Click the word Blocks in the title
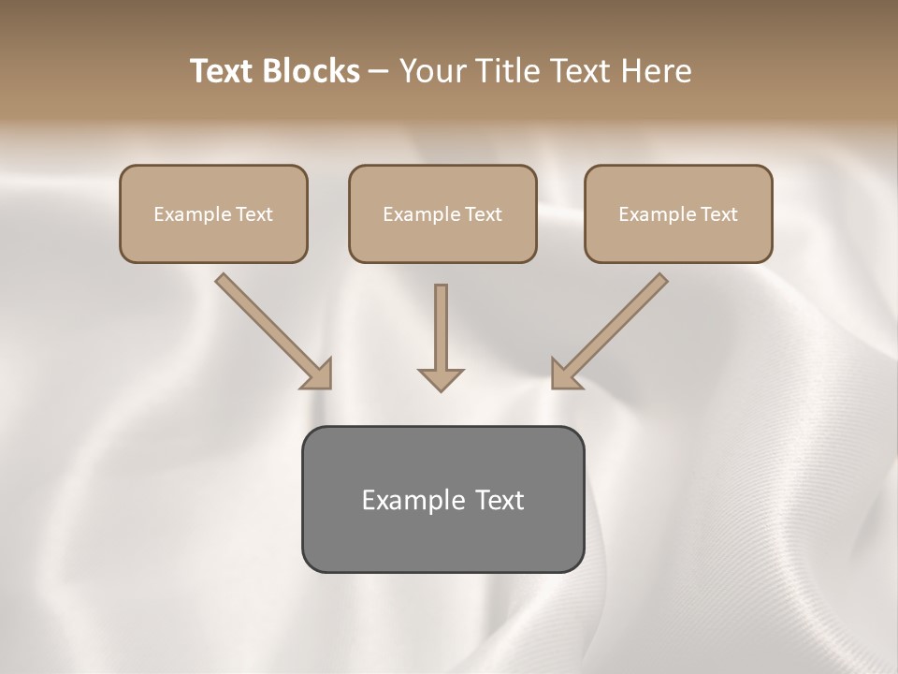(311, 71)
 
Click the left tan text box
(213, 213)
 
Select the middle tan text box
(442, 213)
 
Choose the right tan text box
(678, 213)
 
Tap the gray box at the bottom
(442, 499)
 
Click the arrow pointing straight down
(441, 332)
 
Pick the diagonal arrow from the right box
(613, 327)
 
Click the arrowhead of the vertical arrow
(441, 378)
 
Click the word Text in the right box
(718, 214)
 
